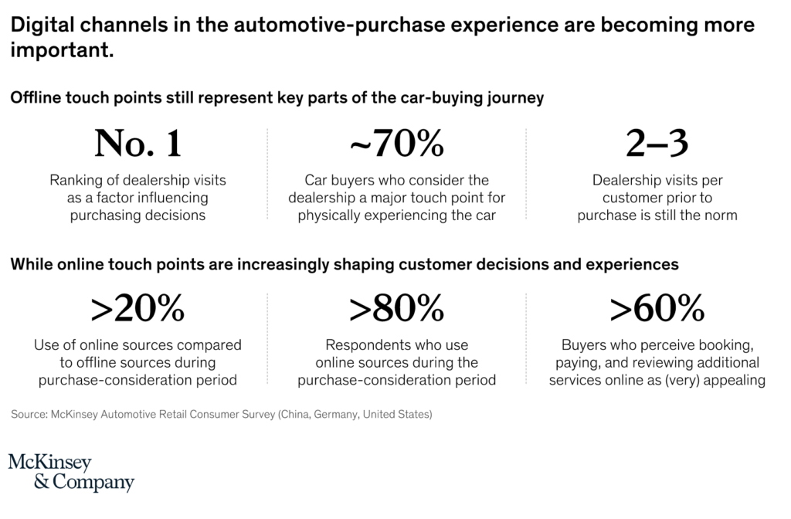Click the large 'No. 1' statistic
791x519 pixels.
pos(138,144)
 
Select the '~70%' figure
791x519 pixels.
pos(396,144)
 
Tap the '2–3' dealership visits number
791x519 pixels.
pos(657,144)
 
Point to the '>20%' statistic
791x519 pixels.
pos(138,310)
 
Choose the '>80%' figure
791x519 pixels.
pos(396,310)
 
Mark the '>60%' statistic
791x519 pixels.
pos(657,310)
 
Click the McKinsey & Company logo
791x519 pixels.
pos(71,473)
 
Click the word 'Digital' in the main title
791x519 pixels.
pos(39,26)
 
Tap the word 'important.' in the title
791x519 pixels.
pos(62,51)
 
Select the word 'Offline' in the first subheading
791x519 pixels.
pos(34,99)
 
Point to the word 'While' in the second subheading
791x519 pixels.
pos(29,264)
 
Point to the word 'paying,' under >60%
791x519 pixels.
pos(589,362)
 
